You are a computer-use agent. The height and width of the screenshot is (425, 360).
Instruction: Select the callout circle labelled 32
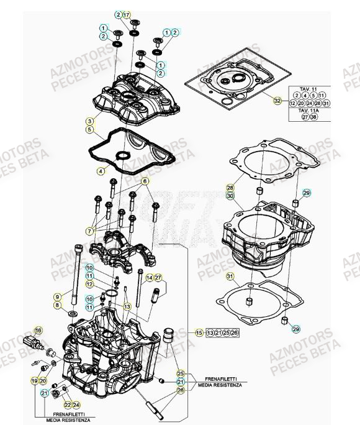pos(277,100)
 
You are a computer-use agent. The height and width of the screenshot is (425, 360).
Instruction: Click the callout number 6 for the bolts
pos(145,181)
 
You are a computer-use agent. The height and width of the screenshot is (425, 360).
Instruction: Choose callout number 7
pos(91,231)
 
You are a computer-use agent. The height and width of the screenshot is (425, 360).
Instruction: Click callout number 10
pos(90,267)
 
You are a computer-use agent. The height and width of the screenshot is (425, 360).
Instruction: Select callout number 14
pos(149,277)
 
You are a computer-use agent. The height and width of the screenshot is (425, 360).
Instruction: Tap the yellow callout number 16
pos(38,329)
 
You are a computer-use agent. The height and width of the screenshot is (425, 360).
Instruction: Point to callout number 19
pos(34,378)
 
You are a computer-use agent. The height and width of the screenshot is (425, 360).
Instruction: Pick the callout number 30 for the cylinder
pos(230,196)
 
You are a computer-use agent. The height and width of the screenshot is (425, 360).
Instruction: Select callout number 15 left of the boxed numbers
pos(199,332)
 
